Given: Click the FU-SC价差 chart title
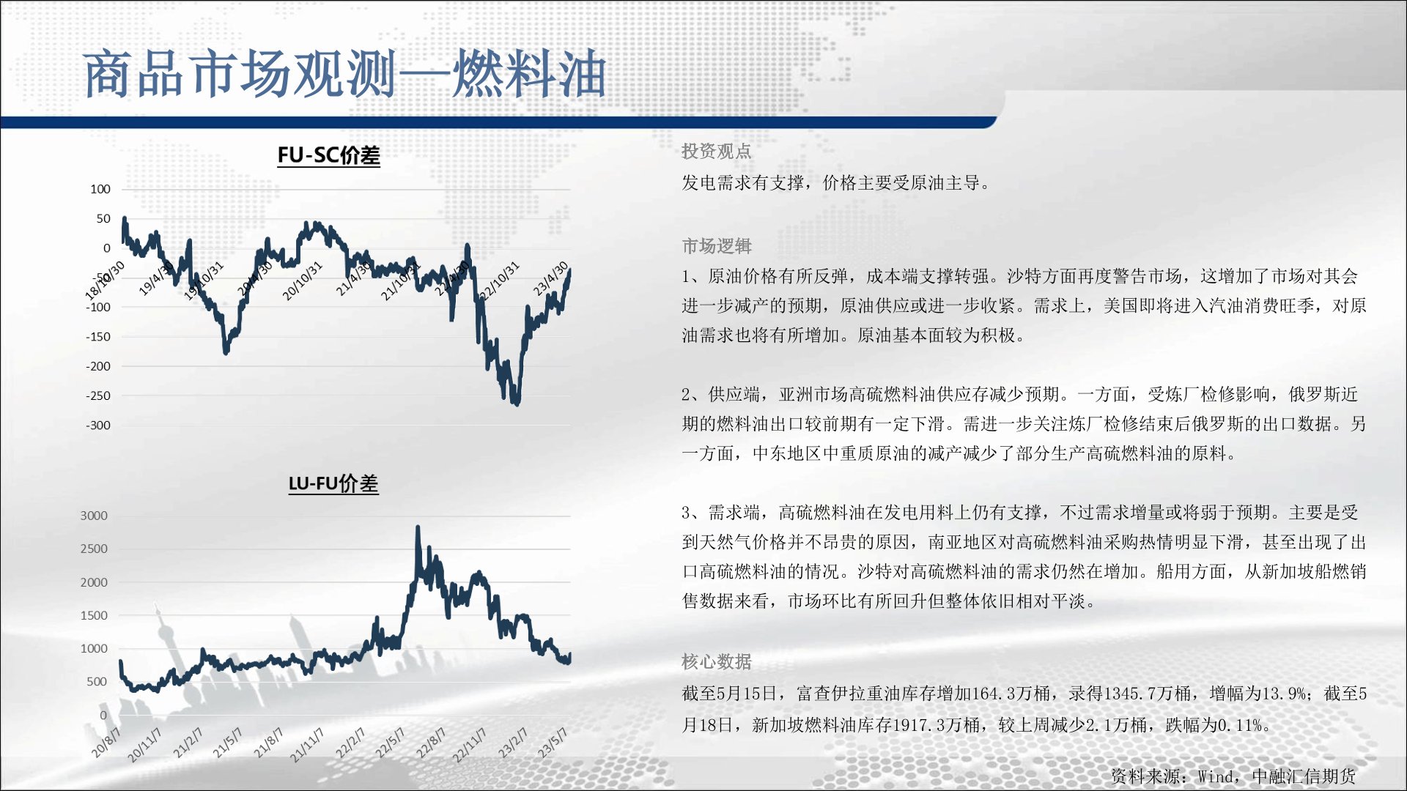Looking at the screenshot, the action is tap(328, 155).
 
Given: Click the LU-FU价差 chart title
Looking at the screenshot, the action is tap(333, 483).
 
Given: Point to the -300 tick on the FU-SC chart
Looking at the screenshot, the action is tap(98, 426).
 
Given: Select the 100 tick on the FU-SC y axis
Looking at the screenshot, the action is tap(100, 189).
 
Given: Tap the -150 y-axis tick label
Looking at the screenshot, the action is tap(98, 337).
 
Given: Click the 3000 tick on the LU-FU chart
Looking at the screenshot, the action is tap(94, 516).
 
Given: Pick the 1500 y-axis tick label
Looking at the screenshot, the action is tap(94, 615).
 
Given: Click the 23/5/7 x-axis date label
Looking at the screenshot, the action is tap(553, 741).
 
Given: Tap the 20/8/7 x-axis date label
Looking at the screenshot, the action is tap(106, 741).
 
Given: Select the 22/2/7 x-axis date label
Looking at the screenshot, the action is tap(350, 743).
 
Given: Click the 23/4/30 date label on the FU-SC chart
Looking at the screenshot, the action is tap(550, 278).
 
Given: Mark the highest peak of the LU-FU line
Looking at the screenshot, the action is tap(418, 527).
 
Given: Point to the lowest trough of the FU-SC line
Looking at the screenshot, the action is tap(517, 404).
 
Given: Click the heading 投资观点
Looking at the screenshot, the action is tap(716, 152).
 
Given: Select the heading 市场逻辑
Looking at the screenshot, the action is tap(716, 246).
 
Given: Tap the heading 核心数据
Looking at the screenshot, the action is tap(716, 662).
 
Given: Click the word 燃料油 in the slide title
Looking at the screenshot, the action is tap(529, 74).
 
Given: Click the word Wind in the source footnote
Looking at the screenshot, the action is tap(1216, 776).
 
